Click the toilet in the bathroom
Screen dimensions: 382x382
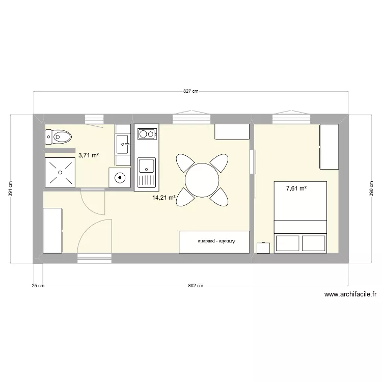(58, 136)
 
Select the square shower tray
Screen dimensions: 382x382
(60, 172)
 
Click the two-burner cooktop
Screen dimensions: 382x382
(147, 134)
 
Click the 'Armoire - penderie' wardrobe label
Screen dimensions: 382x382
(214, 241)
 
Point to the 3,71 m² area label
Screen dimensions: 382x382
(88, 155)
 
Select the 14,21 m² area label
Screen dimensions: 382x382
(163, 198)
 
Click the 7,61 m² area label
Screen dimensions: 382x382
(296, 188)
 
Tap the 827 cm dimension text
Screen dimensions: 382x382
(190, 91)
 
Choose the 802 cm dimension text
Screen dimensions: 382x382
(196, 286)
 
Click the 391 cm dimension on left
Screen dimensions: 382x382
(11, 189)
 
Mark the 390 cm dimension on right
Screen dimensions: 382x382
(371, 189)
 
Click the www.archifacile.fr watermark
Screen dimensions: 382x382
(350, 294)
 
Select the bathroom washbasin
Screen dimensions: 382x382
(123, 144)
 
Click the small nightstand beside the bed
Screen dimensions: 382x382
(263, 248)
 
